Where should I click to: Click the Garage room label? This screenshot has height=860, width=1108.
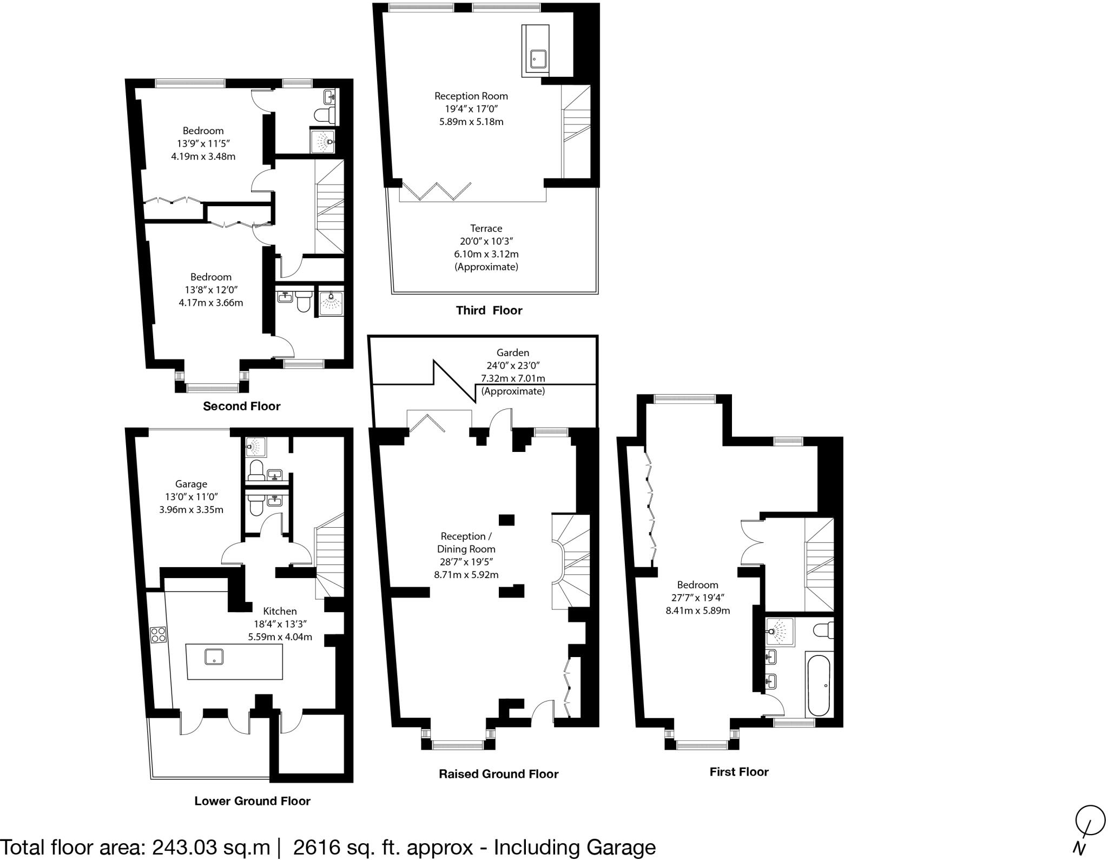[191, 484]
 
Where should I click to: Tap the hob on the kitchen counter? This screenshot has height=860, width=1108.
[158, 634]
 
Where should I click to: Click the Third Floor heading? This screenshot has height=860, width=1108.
[489, 311]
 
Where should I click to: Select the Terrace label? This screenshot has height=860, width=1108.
[486, 228]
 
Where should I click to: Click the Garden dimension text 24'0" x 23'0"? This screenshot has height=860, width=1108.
[512, 365]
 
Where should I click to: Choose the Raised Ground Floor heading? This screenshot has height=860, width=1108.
[498, 774]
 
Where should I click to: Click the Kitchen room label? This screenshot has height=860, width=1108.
[280, 611]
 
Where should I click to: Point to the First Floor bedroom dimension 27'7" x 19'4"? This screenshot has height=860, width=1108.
[697, 598]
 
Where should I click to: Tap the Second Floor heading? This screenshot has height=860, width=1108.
[241, 406]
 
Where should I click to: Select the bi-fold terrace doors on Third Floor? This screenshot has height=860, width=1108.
[436, 192]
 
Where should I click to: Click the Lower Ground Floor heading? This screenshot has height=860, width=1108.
[252, 801]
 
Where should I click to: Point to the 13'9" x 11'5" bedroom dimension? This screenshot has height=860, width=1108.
[203, 143]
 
